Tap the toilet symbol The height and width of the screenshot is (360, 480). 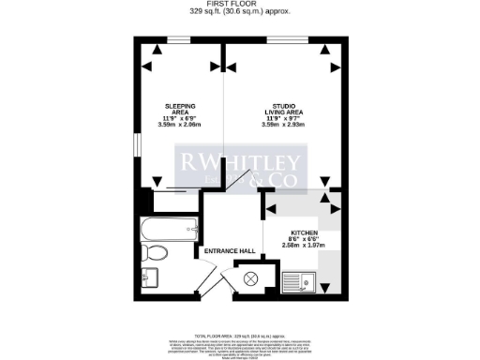coord(156,252)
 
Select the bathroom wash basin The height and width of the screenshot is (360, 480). coord(150,277)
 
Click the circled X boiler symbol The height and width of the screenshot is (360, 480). coord(251,278)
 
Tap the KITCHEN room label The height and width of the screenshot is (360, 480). coord(304,232)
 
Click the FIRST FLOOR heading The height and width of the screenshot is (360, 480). coord(239,5)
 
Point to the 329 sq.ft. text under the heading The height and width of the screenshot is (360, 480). coord(239,12)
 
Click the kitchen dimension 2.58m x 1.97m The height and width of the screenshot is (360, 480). coord(304,246)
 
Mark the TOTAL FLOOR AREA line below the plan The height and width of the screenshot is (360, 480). coord(239,335)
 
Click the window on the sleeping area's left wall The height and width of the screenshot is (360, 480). coord(137,145)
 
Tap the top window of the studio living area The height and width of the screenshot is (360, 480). coord(278,41)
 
